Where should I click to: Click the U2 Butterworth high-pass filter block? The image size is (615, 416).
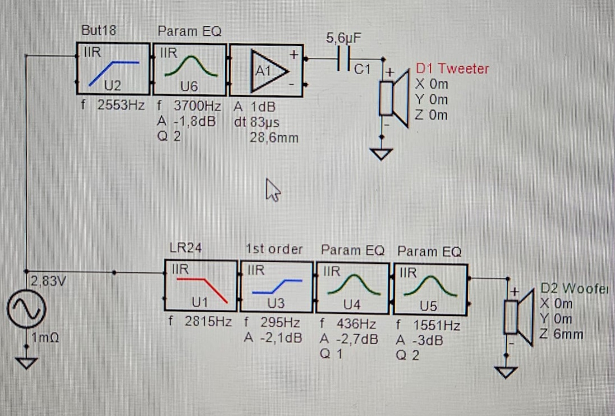(113, 69)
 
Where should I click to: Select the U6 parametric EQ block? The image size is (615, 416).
(190, 69)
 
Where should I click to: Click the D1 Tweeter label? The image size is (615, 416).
(452, 69)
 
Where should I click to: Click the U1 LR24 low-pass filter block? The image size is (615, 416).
(200, 287)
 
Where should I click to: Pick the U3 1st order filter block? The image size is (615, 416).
(276, 287)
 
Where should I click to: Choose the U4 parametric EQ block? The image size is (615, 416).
(353, 287)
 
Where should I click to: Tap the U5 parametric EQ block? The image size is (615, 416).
(430, 287)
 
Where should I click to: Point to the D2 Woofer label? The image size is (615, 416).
(577, 289)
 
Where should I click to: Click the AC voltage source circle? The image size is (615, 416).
(25, 310)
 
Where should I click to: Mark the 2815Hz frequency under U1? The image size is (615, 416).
(208, 323)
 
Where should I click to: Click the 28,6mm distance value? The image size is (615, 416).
(274, 138)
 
